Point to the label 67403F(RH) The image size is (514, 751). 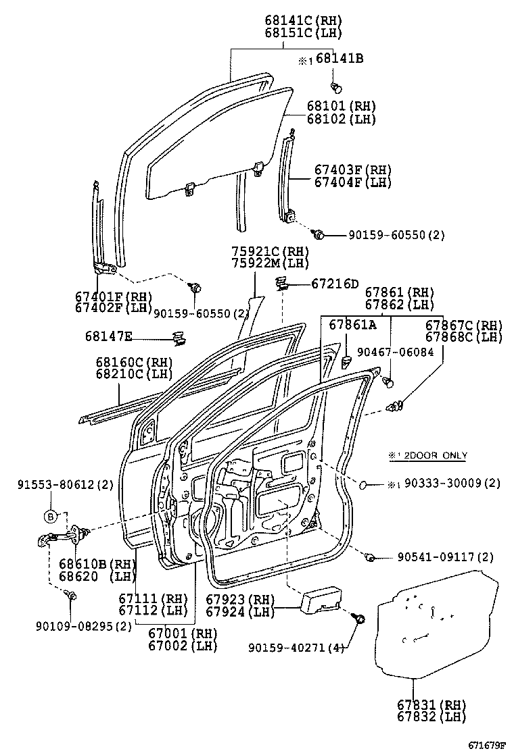click(x=352, y=170)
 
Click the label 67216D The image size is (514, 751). click(x=335, y=284)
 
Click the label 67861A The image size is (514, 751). click(x=352, y=326)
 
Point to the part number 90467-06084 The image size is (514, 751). click(x=396, y=353)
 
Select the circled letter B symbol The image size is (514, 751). click(x=51, y=517)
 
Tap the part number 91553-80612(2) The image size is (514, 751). click(x=66, y=484)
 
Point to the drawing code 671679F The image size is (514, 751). click(x=488, y=744)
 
